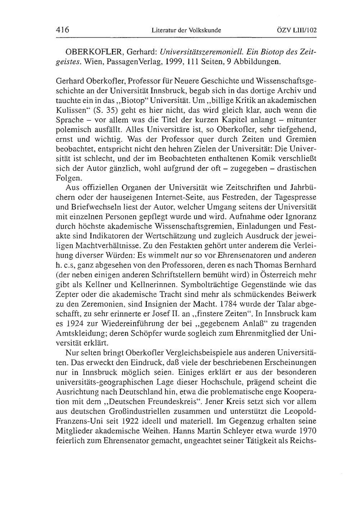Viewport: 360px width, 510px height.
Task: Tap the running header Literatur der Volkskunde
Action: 186,31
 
